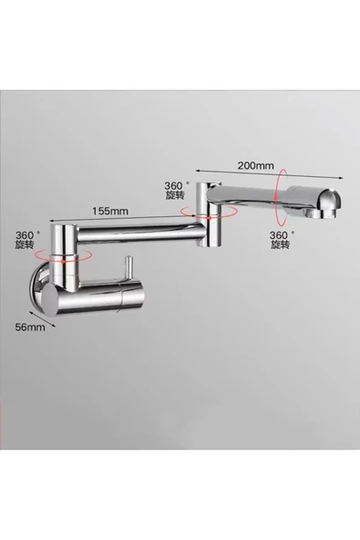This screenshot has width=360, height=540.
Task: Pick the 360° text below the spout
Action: (282, 234)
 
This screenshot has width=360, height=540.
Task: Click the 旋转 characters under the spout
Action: (282, 246)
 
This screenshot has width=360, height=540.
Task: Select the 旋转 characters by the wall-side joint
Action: (26, 246)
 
